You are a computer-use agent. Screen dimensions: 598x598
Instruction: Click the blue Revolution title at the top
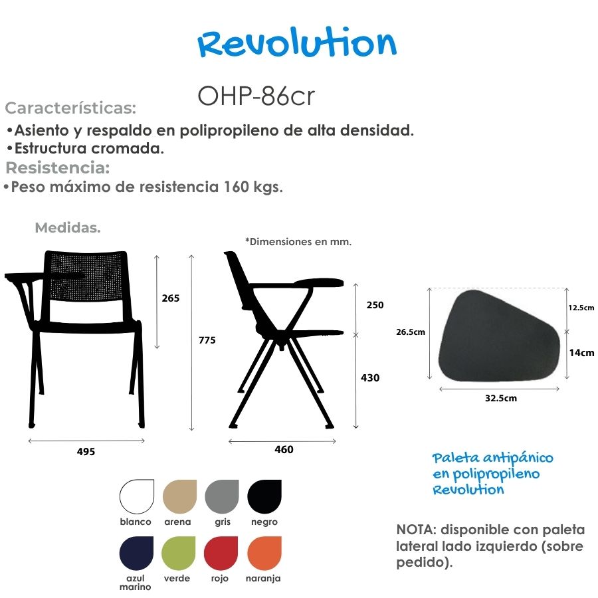click(297, 42)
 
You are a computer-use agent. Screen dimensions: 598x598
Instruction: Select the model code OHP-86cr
click(256, 96)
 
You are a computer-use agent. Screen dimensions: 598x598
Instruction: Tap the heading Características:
click(70, 108)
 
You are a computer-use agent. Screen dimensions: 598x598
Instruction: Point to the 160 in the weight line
click(236, 187)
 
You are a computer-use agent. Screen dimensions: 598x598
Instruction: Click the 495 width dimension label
click(86, 452)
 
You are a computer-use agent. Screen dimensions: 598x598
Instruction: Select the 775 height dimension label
click(207, 340)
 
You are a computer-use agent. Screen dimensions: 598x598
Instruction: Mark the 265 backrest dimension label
click(171, 298)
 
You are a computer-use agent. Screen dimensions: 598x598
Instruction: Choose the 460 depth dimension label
click(284, 450)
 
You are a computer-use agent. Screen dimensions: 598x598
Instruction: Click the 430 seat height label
click(370, 378)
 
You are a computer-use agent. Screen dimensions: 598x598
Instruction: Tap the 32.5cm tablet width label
click(501, 399)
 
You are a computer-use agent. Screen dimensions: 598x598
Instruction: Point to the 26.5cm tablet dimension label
click(411, 332)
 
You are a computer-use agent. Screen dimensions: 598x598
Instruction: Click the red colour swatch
click(221, 553)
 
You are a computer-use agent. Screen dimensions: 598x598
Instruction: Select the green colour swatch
click(179, 553)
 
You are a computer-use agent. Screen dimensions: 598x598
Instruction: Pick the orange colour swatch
click(264, 553)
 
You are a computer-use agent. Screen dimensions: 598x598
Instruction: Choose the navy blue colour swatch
click(136, 553)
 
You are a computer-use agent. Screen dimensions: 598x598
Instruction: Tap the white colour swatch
click(137, 497)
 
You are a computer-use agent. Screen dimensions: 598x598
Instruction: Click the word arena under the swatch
click(177, 522)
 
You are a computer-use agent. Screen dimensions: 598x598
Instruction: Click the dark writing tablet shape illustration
click(499, 336)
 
